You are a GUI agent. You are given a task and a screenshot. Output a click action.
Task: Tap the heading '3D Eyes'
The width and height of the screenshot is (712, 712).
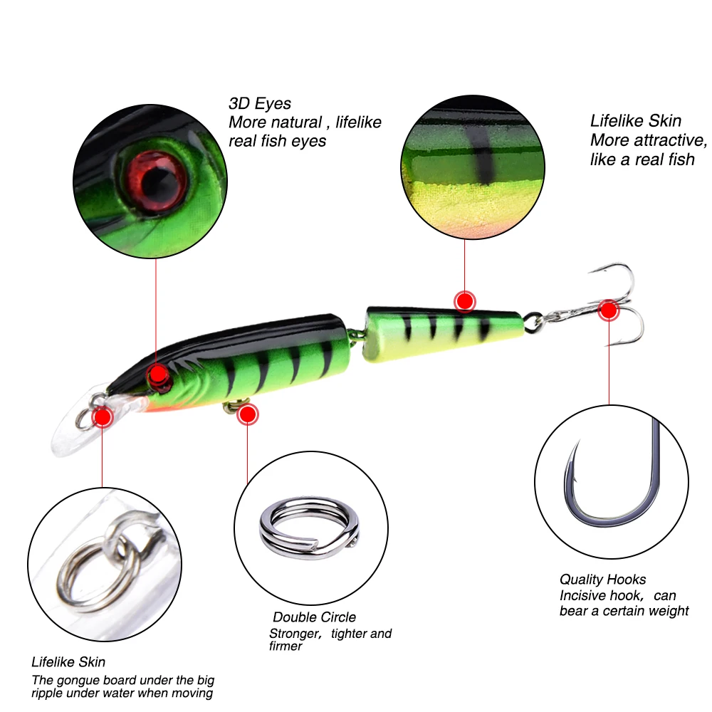[x=260, y=104]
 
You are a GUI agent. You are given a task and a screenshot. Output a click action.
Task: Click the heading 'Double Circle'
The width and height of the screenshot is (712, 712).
[x=314, y=617]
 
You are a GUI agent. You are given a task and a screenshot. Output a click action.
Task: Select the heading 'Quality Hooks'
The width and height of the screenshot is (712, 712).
[x=602, y=580]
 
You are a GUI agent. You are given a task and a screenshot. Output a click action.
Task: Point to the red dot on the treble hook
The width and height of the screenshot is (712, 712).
[x=608, y=310]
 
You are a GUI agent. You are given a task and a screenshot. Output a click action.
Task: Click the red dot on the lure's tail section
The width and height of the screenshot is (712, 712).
[x=465, y=301]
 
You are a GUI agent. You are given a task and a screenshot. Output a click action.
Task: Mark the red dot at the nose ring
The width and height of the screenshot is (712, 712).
[x=103, y=416]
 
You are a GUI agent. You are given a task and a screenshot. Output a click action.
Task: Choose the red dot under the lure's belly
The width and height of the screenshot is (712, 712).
[x=248, y=414]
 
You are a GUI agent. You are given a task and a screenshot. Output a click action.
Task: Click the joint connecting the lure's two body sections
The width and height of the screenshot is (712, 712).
[x=356, y=335]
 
